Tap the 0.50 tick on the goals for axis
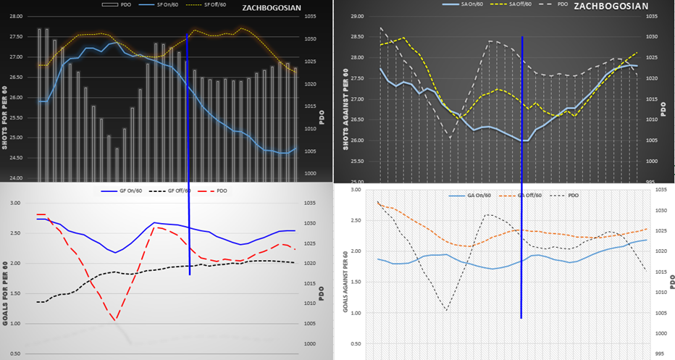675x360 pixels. [x=16, y=354]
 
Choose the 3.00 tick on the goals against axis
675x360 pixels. [x=354, y=191]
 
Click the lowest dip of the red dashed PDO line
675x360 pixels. [x=115, y=319]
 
